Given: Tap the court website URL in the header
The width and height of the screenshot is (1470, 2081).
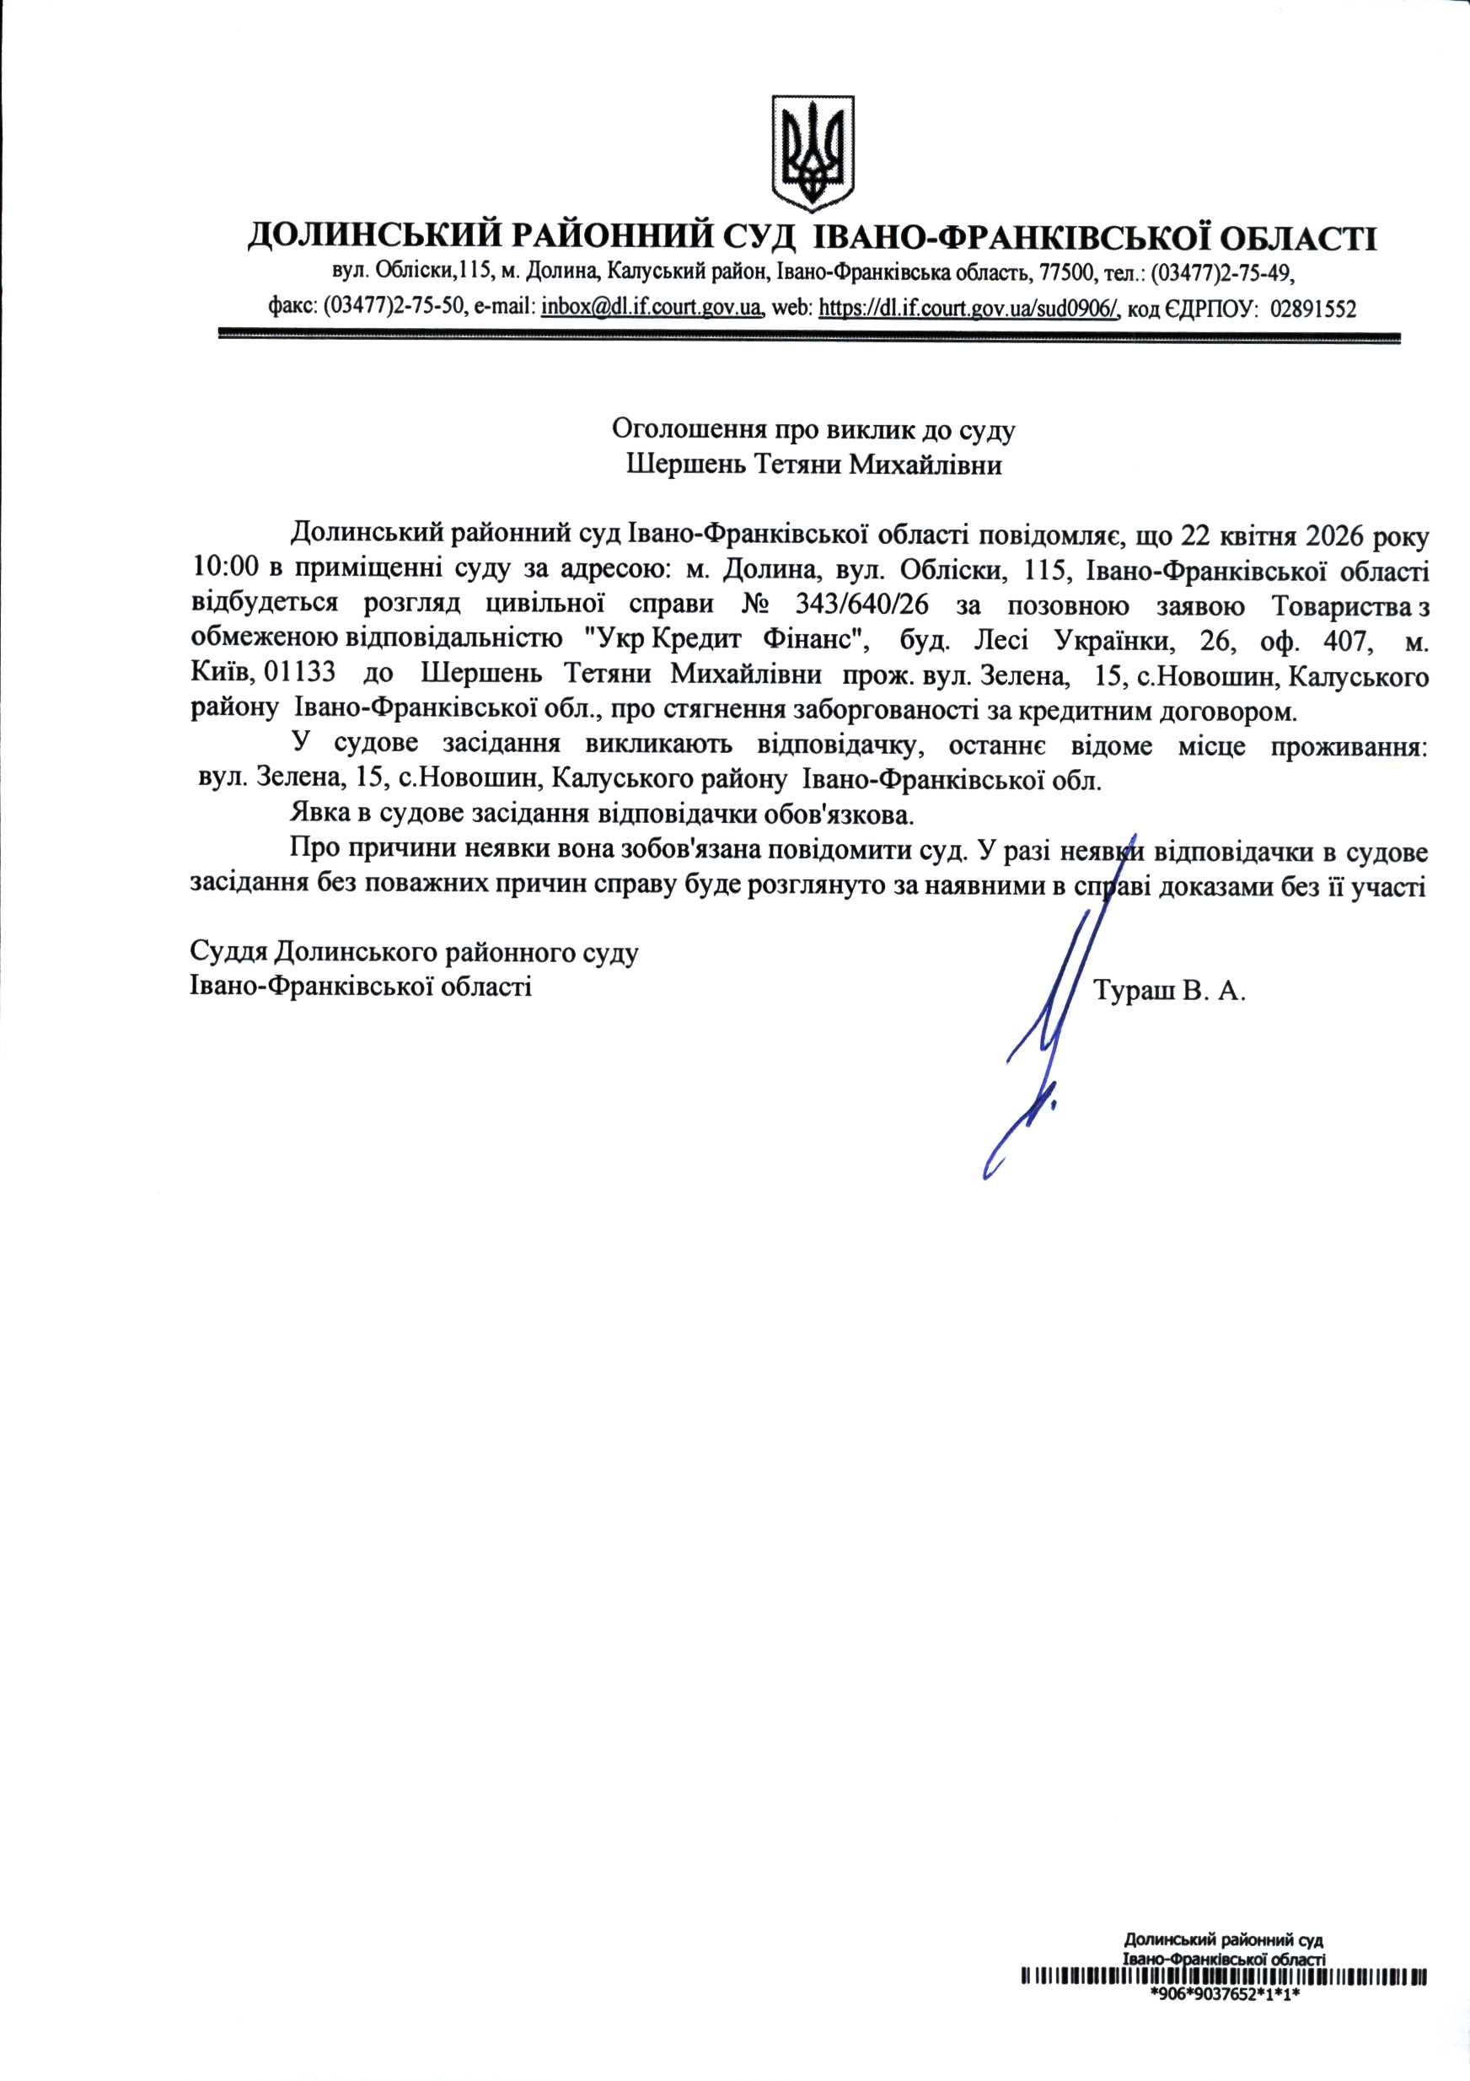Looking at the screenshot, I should tap(968, 308).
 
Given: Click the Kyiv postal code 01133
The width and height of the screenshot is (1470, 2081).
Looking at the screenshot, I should tap(298, 675).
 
